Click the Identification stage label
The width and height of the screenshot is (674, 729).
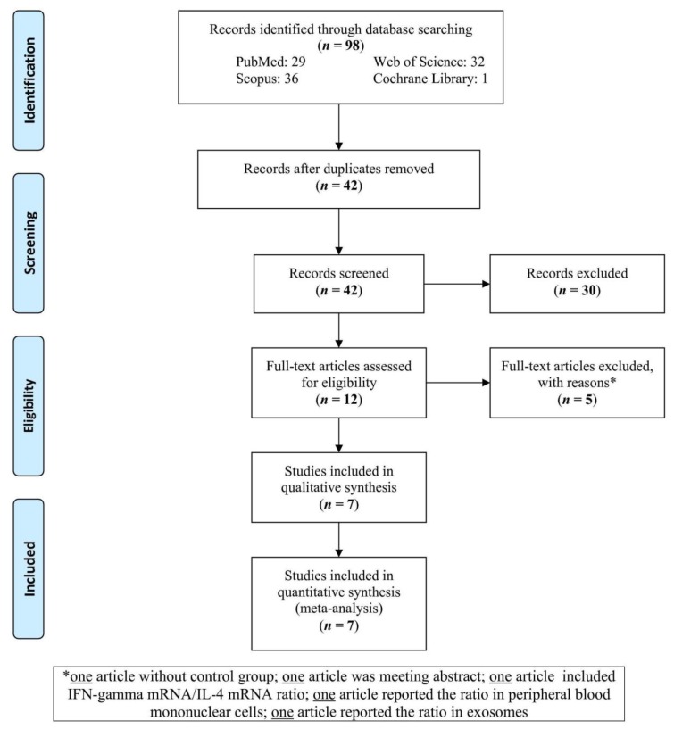tap(29, 80)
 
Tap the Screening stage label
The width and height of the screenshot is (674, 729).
tap(29, 244)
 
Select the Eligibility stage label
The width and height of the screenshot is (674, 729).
tap(29, 406)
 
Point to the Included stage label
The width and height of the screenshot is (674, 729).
tap(29, 568)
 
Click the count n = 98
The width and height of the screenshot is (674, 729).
tap(340, 46)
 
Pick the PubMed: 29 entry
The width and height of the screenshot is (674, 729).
tap(270, 62)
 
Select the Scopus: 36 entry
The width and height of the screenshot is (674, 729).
tap(267, 79)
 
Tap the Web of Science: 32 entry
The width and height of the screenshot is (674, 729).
tap(429, 62)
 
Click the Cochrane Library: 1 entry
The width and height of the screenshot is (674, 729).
tap(430, 79)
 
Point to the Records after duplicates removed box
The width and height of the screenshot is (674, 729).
tap(338, 179)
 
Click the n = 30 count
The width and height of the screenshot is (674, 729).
tap(578, 290)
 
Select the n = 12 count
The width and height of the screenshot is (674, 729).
tap(338, 400)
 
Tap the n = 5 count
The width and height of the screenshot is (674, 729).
tap(578, 400)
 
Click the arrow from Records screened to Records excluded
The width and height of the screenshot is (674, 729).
tap(457, 284)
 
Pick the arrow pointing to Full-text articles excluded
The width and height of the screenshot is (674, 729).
tap(458, 383)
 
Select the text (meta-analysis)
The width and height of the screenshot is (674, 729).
tap(338, 609)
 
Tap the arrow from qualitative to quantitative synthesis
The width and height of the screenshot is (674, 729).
tap(338, 540)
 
